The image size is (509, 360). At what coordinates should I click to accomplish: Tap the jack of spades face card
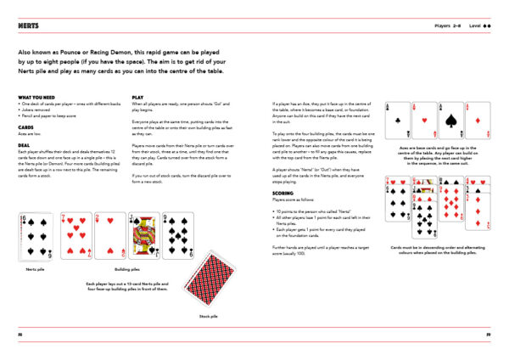(145, 235)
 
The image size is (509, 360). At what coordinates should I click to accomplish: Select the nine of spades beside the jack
(179, 235)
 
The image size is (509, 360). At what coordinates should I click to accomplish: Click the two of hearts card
(111, 235)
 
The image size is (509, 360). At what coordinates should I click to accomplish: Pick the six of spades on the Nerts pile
(37, 235)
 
